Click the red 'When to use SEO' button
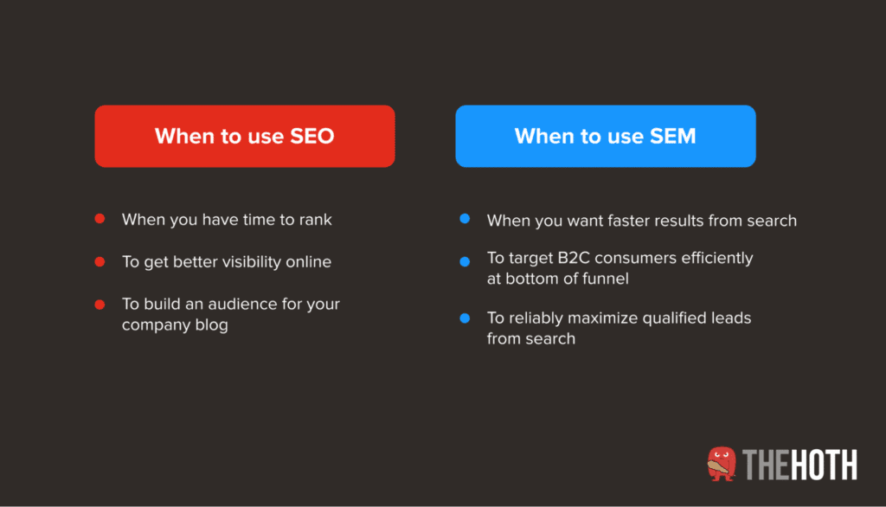pos(244,136)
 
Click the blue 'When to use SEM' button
pos(605,136)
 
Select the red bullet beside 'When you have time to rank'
pos(100,219)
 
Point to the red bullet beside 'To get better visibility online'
pos(100,261)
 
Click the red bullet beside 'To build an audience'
pos(100,304)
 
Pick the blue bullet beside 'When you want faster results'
pos(465,220)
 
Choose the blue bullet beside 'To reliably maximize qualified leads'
pos(465,318)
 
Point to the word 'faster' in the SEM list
pos(621,221)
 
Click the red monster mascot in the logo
pos(722,464)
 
